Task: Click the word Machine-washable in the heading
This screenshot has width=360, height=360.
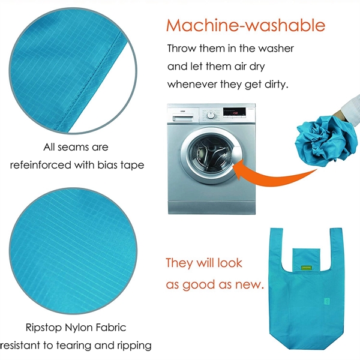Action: click(245, 26)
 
